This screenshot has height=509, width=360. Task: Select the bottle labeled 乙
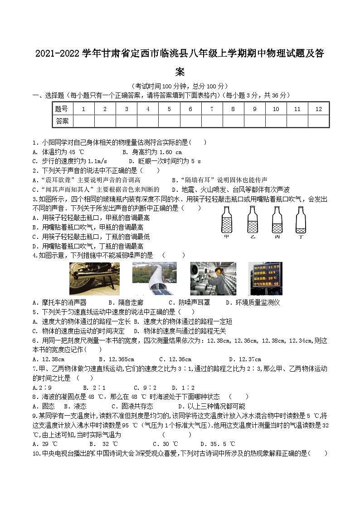[252, 221]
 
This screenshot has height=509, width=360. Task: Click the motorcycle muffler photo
[88, 278]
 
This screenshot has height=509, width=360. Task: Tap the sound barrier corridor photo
[148, 278]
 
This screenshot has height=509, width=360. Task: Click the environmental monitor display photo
[265, 278]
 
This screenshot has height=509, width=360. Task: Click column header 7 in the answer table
[212, 109]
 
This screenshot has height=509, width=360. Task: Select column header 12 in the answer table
[318, 109]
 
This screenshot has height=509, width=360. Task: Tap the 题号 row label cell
[62, 109]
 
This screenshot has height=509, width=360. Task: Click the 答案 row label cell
[62, 121]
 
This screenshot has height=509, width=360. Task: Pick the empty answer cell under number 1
[83, 121]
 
